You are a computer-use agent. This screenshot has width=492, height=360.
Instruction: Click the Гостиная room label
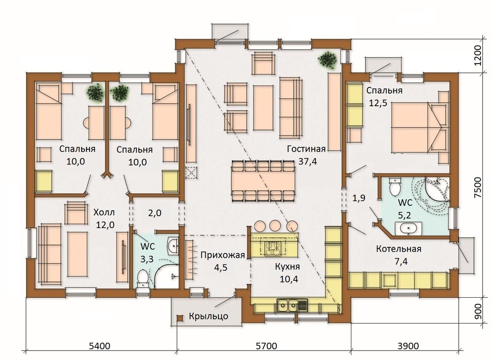(306, 149)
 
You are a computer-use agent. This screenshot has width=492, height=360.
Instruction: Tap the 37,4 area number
(307, 162)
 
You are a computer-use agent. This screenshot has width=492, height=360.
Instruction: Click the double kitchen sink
(292, 305)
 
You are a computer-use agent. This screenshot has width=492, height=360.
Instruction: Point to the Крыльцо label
(208, 316)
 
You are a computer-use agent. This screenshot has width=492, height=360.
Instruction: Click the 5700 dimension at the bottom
(266, 346)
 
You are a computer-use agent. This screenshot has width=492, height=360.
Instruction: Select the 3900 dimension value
(408, 346)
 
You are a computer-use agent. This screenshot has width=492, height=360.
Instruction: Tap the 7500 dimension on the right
(478, 188)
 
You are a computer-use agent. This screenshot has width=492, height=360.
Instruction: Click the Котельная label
(399, 249)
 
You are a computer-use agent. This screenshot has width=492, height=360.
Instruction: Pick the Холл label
(104, 212)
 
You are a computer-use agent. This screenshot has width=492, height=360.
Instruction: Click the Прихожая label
(223, 255)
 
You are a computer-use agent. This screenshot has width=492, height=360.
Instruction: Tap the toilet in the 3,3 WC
(143, 278)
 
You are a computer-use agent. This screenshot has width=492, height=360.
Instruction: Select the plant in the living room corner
(327, 60)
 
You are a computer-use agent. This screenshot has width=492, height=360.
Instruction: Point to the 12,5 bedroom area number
(378, 103)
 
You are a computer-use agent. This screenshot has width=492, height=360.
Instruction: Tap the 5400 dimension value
(99, 346)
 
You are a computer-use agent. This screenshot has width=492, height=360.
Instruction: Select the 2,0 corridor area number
(155, 213)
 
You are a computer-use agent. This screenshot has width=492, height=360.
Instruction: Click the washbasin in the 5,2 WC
(408, 229)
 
